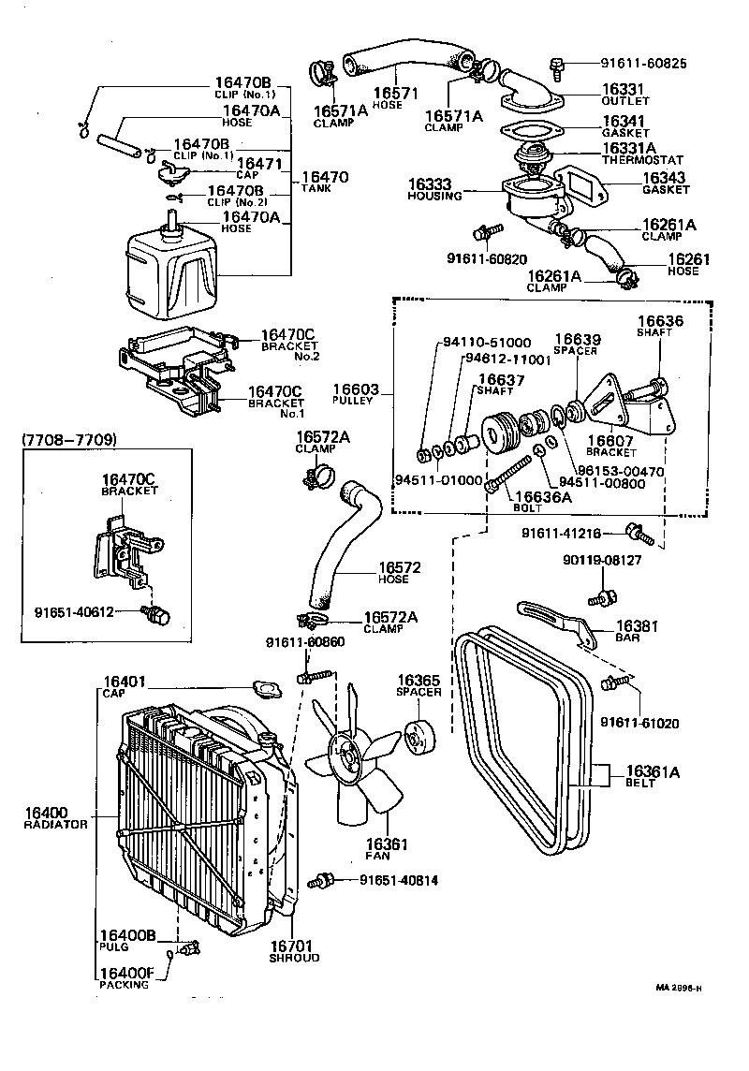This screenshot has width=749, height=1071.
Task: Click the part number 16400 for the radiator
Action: click(x=46, y=812)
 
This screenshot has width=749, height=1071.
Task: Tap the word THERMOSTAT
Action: click(x=645, y=160)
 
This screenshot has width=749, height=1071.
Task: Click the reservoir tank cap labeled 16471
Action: click(x=170, y=171)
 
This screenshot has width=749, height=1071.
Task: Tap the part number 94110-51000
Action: click(x=484, y=343)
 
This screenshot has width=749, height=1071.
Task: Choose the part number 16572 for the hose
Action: click(x=400, y=567)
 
